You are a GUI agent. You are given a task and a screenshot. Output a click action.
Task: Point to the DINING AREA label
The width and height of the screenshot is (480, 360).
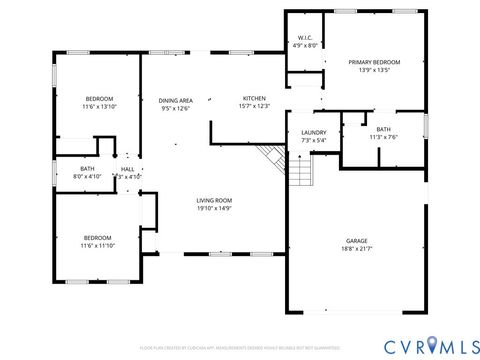(x=176, y=99)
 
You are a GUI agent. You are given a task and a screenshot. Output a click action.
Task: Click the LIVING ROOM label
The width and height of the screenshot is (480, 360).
(x=214, y=201)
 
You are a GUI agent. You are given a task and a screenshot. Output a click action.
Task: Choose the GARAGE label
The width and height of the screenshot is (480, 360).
(x=356, y=241)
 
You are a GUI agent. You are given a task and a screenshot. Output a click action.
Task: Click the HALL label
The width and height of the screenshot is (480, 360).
(x=128, y=169)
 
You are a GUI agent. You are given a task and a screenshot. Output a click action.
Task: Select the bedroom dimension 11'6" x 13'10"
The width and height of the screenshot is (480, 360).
(x=99, y=106)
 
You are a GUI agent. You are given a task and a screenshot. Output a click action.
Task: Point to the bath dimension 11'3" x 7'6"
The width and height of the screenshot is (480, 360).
(x=383, y=138)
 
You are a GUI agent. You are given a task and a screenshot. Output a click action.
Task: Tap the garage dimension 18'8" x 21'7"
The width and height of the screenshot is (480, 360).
(x=356, y=249)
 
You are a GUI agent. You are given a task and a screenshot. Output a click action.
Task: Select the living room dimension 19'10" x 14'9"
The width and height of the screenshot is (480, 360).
(x=214, y=209)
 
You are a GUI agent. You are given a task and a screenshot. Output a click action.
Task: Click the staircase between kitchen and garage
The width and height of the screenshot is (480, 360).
(x=272, y=157)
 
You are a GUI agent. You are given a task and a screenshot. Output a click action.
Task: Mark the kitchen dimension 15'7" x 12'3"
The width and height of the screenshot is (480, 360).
(x=255, y=106)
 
